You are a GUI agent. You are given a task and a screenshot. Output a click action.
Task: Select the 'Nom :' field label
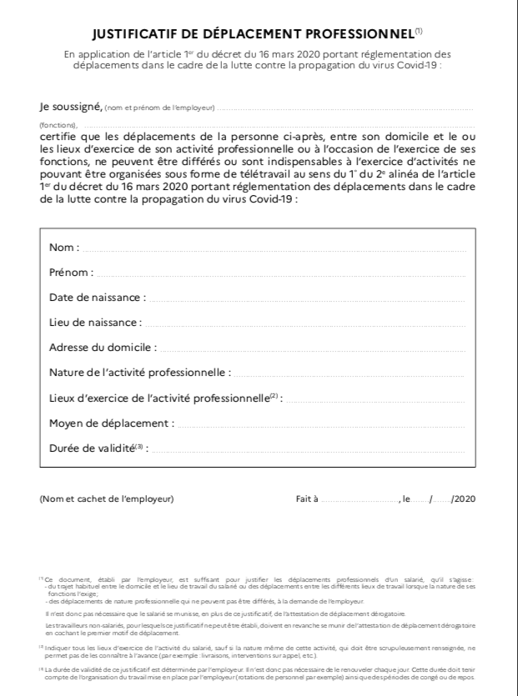[65, 248]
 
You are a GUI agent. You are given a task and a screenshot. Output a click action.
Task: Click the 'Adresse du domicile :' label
[101, 347]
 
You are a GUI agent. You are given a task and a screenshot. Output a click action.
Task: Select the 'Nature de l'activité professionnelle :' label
[140, 372]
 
